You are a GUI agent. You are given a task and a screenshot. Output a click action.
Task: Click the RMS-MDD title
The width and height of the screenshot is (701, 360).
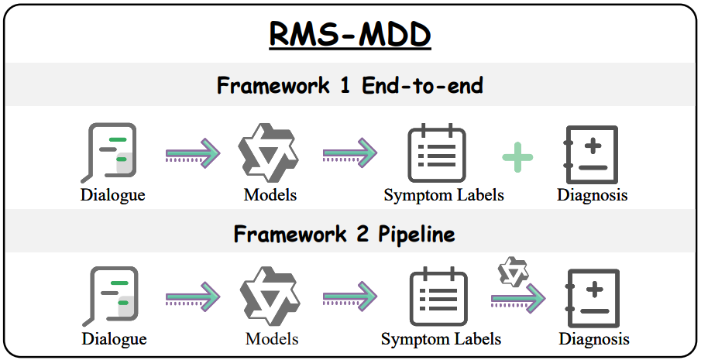coord(349,35)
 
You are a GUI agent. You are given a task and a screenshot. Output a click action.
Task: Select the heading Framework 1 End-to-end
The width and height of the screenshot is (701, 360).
coord(349,85)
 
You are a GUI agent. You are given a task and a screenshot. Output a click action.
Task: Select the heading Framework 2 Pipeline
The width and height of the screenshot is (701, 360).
coord(349,234)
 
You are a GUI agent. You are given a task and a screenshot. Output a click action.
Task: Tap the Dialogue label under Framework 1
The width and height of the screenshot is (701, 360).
coord(112,194)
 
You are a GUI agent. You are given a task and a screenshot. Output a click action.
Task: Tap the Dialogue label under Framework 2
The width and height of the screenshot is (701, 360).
coord(114,338)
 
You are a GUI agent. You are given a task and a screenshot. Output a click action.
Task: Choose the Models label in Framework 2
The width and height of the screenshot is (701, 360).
coord(271,338)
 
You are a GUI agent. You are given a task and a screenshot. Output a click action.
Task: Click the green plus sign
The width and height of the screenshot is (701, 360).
coord(517,156)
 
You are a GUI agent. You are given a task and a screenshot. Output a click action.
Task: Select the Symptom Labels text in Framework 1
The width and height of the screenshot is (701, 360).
coord(443,194)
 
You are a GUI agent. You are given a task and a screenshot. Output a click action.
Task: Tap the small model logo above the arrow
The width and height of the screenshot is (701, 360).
coord(513,272)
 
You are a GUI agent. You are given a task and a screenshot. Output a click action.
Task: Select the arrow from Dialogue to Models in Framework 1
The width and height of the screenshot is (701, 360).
coord(194,153)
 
